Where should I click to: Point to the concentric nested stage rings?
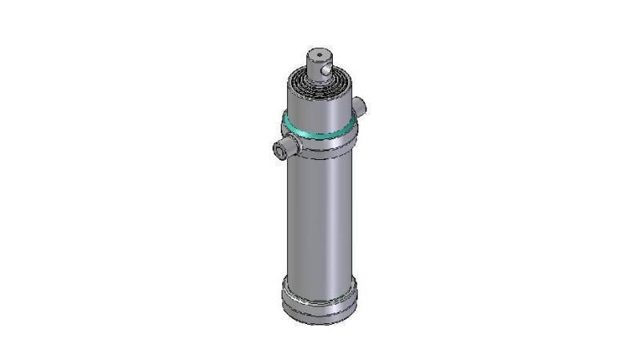320,83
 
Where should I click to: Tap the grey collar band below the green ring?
319,145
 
